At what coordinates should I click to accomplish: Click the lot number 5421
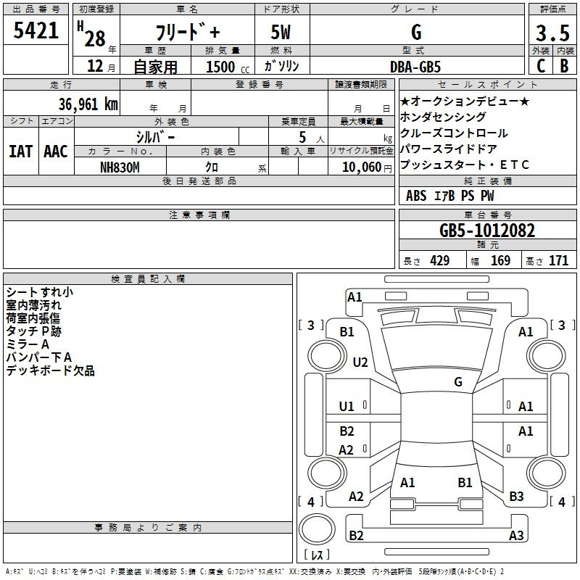[36, 30]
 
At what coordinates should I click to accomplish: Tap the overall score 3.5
[552, 33]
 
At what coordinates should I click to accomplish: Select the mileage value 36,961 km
[88, 104]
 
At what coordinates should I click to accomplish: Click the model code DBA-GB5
[415, 67]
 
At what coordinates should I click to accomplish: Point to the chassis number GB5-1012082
[487, 231]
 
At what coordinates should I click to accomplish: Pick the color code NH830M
[120, 167]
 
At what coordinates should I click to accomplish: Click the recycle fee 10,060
[361, 167]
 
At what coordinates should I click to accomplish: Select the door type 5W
[281, 32]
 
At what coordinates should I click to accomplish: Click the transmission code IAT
[20, 152]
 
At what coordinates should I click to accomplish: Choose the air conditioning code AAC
[56, 152]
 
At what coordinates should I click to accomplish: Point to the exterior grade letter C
[541, 66]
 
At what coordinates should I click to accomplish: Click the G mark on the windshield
[458, 382]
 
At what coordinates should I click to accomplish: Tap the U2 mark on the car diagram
[360, 362]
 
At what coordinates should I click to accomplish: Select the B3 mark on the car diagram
[516, 497]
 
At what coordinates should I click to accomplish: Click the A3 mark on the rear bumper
[516, 535]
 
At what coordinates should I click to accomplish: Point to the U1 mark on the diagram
[347, 407]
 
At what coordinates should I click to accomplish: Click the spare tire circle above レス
[317, 529]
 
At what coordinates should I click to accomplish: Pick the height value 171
[558, 261]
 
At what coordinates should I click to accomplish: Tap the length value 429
[440, 261]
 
